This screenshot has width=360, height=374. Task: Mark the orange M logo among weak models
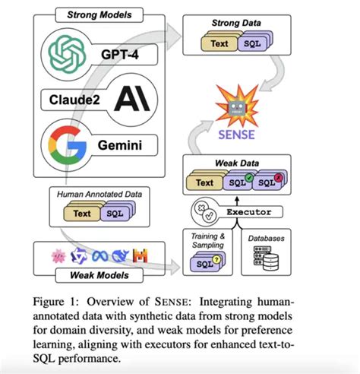tap(161, 255)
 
